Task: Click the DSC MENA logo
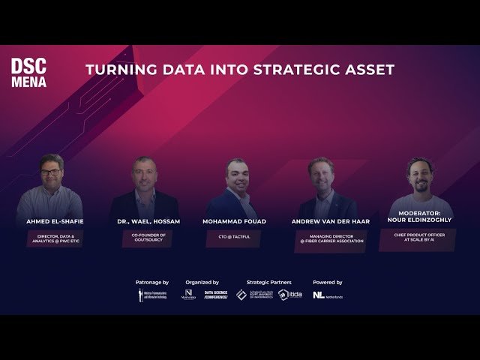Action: [x=28, y=73]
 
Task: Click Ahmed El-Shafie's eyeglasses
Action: [x=50, y=172]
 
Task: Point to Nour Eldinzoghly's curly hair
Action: [x=420, y=163]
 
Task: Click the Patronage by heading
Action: [x=152, y=282]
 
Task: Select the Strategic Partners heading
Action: [x=268, y=282]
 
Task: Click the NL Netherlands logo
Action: [x=328, y=295]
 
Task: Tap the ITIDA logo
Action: [x=290, y=295]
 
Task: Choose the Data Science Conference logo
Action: [x=216, y=295]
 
